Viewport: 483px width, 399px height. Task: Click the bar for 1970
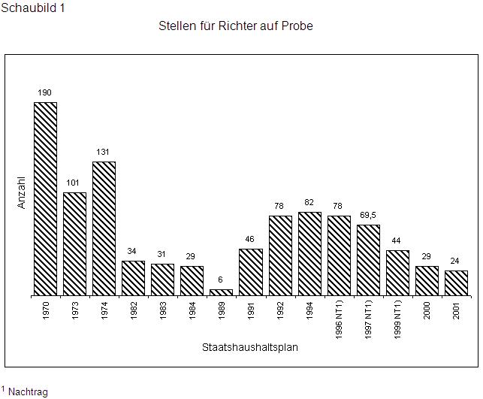tap(45, 198)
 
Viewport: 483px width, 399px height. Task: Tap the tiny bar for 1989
tap(221, 292)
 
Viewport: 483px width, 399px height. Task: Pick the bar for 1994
tap(309, 253)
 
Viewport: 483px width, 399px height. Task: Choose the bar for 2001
tap(456, 283)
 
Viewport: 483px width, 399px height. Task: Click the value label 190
tap(45, 92)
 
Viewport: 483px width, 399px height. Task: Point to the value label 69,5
tap(368, 215)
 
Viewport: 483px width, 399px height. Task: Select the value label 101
tap(74, 183)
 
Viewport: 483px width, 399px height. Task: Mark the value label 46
tap(251, 239)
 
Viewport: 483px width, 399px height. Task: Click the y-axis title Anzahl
tap(22, 192)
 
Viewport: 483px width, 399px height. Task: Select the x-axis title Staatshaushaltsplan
tap(250, 347)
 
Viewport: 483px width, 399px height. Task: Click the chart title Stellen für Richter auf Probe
tap(235, 26)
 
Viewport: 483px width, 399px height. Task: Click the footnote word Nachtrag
tap(28, 392)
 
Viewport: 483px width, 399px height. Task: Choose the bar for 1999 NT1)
tap(397, 272)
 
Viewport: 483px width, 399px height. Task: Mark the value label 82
tap(309, 202)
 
